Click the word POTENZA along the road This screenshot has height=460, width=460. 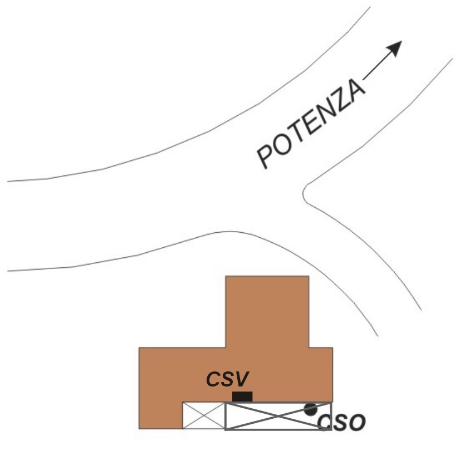[311, 124]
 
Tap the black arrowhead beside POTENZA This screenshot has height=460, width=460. [395, 48]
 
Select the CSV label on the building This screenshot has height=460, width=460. [228, 379]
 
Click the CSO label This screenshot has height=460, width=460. [342, 423]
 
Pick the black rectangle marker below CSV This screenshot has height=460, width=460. [242, 397]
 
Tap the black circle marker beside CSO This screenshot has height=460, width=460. [310, 409]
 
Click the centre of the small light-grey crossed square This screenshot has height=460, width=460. [204, 415]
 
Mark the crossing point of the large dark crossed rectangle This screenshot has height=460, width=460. [278, 416]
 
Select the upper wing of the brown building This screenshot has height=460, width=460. [267, 311]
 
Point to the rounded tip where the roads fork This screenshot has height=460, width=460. [303, 194]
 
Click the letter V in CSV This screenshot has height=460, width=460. [242, 379]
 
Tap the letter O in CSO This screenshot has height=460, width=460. [358, 423]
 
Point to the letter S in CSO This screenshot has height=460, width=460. [341, 423]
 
